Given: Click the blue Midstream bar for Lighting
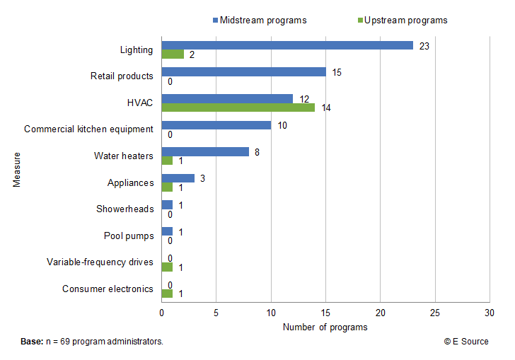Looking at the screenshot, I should (287, 45).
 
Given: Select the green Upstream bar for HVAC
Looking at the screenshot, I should (238, 108).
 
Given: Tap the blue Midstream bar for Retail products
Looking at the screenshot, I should (243, 71).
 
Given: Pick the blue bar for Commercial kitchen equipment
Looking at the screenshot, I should (216, 125).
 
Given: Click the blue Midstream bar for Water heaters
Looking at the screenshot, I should (205, 151).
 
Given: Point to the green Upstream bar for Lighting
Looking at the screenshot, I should (173, 54).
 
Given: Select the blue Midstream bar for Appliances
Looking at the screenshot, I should (178, 178).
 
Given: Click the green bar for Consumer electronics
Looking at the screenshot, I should (167, 294).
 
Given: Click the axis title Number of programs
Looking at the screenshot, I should (325, 327).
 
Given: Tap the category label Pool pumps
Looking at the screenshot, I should (129, 236).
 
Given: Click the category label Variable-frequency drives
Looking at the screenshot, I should (100, 262).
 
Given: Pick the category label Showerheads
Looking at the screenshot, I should (125, 209).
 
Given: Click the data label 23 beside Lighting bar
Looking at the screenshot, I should (424, 46).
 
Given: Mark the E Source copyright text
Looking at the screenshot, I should (465, 342).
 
